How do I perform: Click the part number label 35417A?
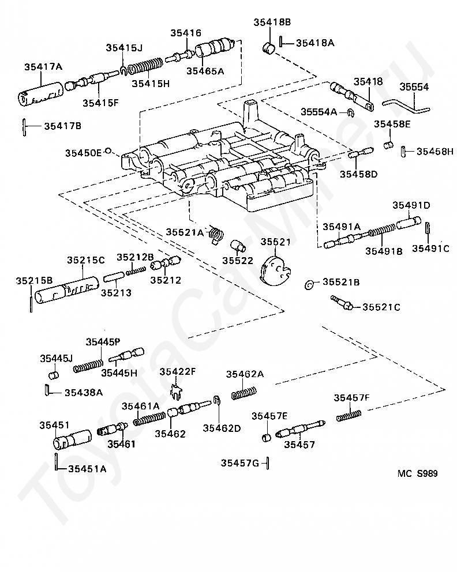pyautogui.click(x=43, y=67)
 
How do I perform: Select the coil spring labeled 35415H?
pyautogui.click(x=146, y=65)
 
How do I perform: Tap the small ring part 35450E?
pyautogui.click(x=108, y=150)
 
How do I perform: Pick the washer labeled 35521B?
pyautogui.click(x=309, y=285)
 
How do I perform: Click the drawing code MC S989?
pyautogui.click(x=417, y=473)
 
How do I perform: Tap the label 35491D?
pyautogui.click(x=411, y=205)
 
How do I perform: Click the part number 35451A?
pyautogui.click(x=87, y=469)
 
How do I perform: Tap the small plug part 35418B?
pyautogui.click(x=269, y=48)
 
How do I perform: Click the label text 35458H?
pyautogui.click(x=434, y=152)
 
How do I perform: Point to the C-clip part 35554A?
pyautogui.click(x=351, y=112)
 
